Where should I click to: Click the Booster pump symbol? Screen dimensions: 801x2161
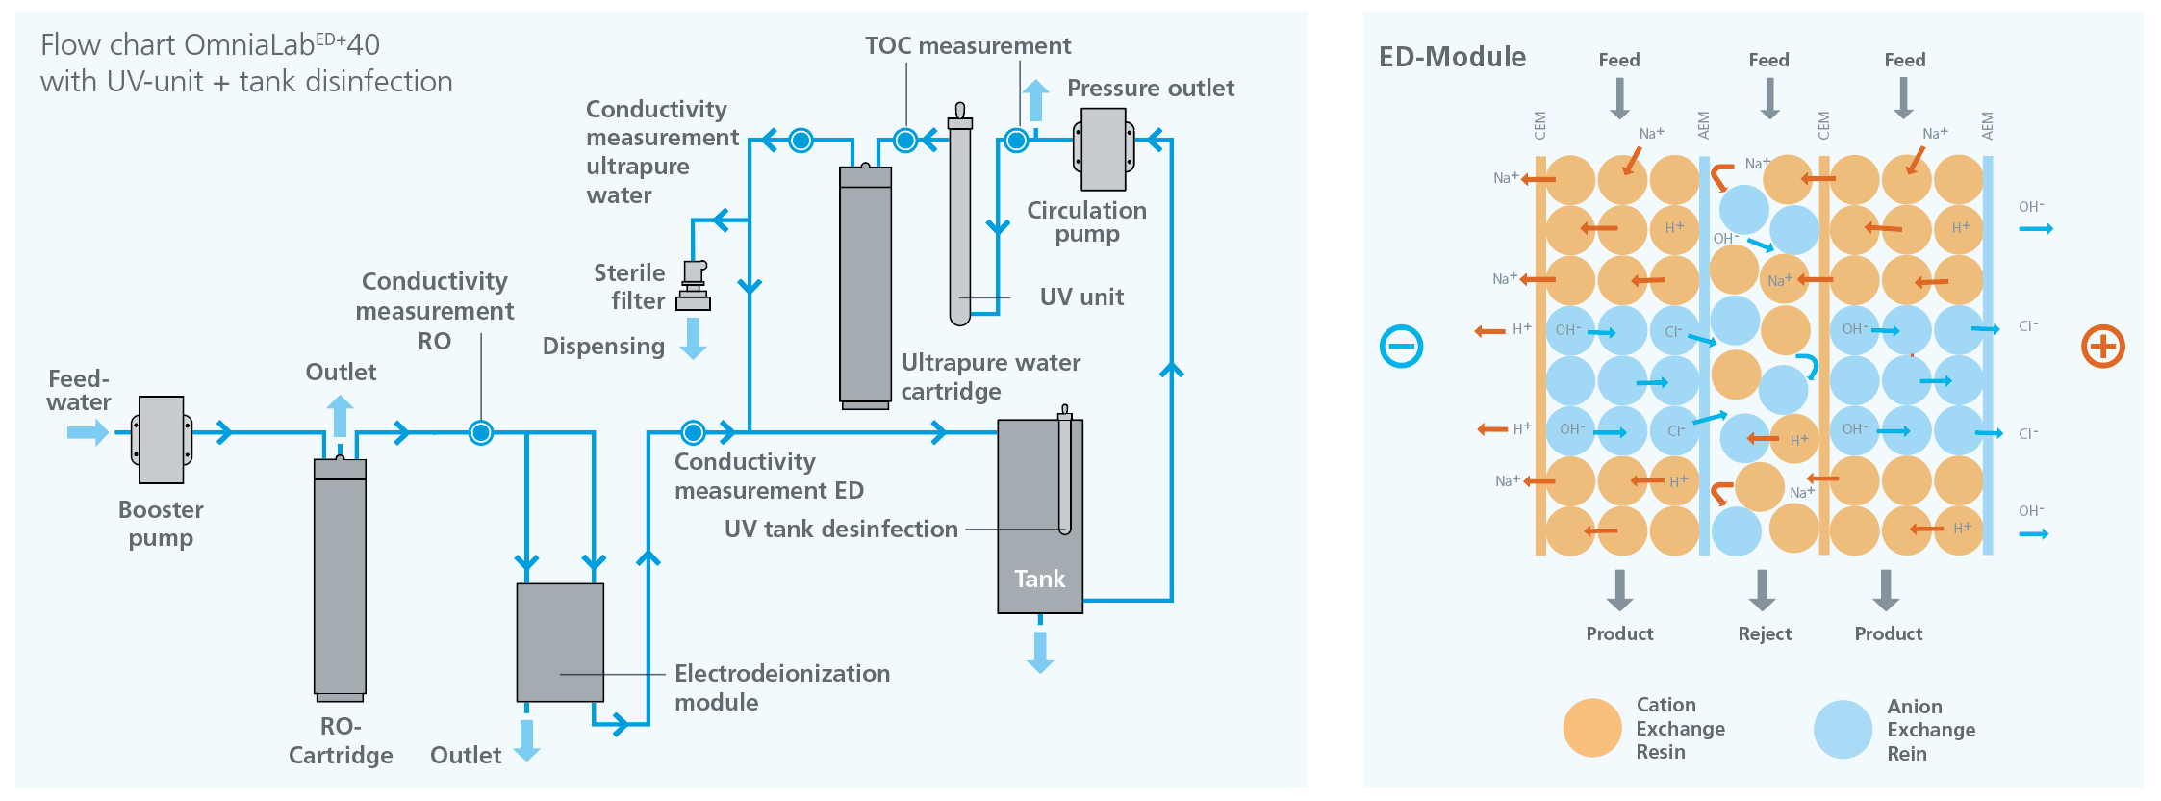click(x=162, y=440)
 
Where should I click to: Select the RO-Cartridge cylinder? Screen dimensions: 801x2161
click(x=340, y=578)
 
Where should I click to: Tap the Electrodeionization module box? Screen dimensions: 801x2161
click(x=560, y=642)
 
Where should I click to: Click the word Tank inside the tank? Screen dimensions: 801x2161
click(x=1039, y=579)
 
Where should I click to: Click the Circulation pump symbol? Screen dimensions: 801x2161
click(x=1104, y=149)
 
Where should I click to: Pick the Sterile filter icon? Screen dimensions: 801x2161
click(x=694, y=286)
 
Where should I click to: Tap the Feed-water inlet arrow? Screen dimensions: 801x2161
click(x=88, y=432)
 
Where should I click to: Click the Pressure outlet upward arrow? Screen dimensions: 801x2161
click(x=1035, y=99)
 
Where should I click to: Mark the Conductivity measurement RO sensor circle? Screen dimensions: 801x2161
click(x=481, y=433)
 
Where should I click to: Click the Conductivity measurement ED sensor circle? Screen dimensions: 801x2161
click(x=693, y=432)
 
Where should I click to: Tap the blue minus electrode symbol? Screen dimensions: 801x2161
click(x=1401, y=347)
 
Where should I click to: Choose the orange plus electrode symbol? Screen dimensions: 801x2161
click(x=2102, y=347)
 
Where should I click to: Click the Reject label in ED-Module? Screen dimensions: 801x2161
click(x=1765, y=633)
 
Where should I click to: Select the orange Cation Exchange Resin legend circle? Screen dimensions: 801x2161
click(x=1592, y=728)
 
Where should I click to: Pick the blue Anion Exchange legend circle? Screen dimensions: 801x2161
click(x=1843, y=729)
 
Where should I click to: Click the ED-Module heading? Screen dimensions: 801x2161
click(x=1452, y=58)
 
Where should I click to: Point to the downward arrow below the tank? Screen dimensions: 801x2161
click(x=1040, y=652)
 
